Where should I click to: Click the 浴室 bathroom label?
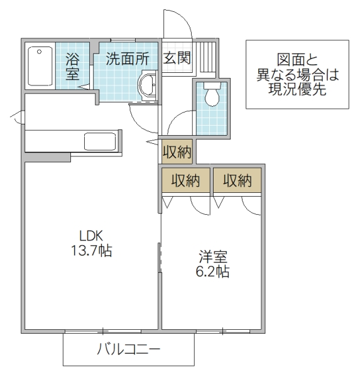[73, 66]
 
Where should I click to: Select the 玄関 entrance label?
[177, 58]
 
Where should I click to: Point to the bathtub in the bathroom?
[40, 67]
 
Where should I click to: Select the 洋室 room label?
[214, 257]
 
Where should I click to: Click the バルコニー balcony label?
[129, 349]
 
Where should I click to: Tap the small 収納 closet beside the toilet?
[177, 151]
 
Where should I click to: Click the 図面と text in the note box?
[295, 60]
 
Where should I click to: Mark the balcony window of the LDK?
[103, 329]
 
